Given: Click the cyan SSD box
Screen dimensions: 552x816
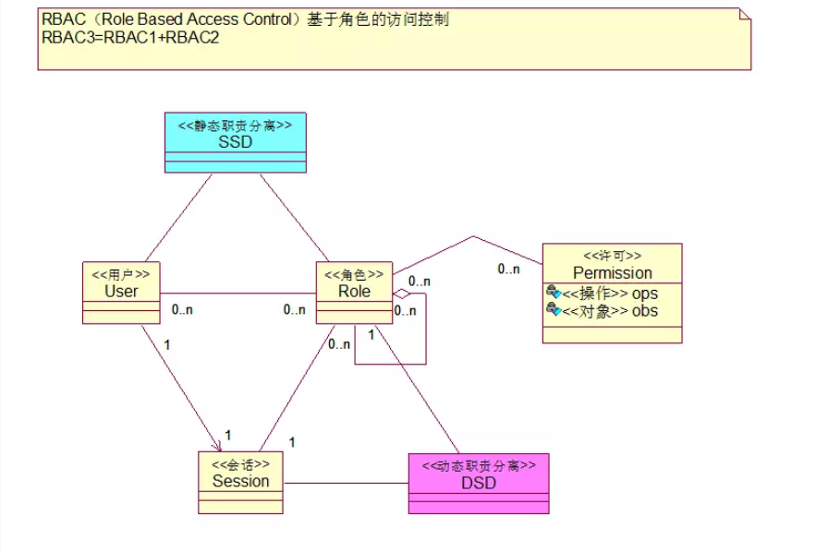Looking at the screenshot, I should (235, 143).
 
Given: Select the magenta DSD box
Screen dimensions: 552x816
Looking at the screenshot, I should (479, 483).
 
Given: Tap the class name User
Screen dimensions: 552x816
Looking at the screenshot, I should (121, 291).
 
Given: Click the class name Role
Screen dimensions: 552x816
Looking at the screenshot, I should (354, 291).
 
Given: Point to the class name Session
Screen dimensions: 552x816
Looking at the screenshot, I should (240, 481).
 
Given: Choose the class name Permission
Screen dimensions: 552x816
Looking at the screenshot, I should (612, 272).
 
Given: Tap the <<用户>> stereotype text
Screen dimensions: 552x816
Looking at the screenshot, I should (121, 274).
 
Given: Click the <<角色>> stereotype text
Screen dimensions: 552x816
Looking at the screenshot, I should (354, 274).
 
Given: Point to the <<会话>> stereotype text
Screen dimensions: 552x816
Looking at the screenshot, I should (240, 464).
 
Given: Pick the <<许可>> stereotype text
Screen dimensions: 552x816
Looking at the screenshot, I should (612, 256).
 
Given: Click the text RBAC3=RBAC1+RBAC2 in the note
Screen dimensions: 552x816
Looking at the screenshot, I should (130, 38).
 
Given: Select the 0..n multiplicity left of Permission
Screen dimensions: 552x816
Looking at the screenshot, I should (508, 269).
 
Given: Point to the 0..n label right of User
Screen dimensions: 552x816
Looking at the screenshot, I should (182, 310).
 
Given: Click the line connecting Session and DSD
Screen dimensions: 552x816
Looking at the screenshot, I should (346, 483).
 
